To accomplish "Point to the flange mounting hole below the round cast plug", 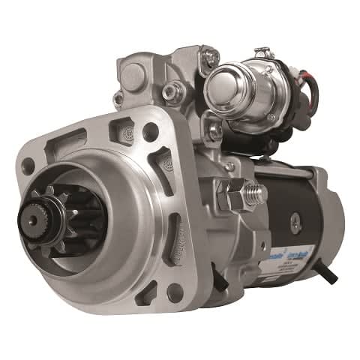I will pos(150,131).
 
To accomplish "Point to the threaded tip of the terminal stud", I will pos(257,194).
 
